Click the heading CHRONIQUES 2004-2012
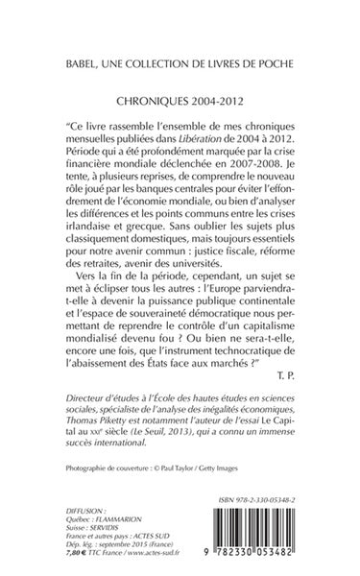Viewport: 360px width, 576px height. pyautogui.click(x=180, y=101)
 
